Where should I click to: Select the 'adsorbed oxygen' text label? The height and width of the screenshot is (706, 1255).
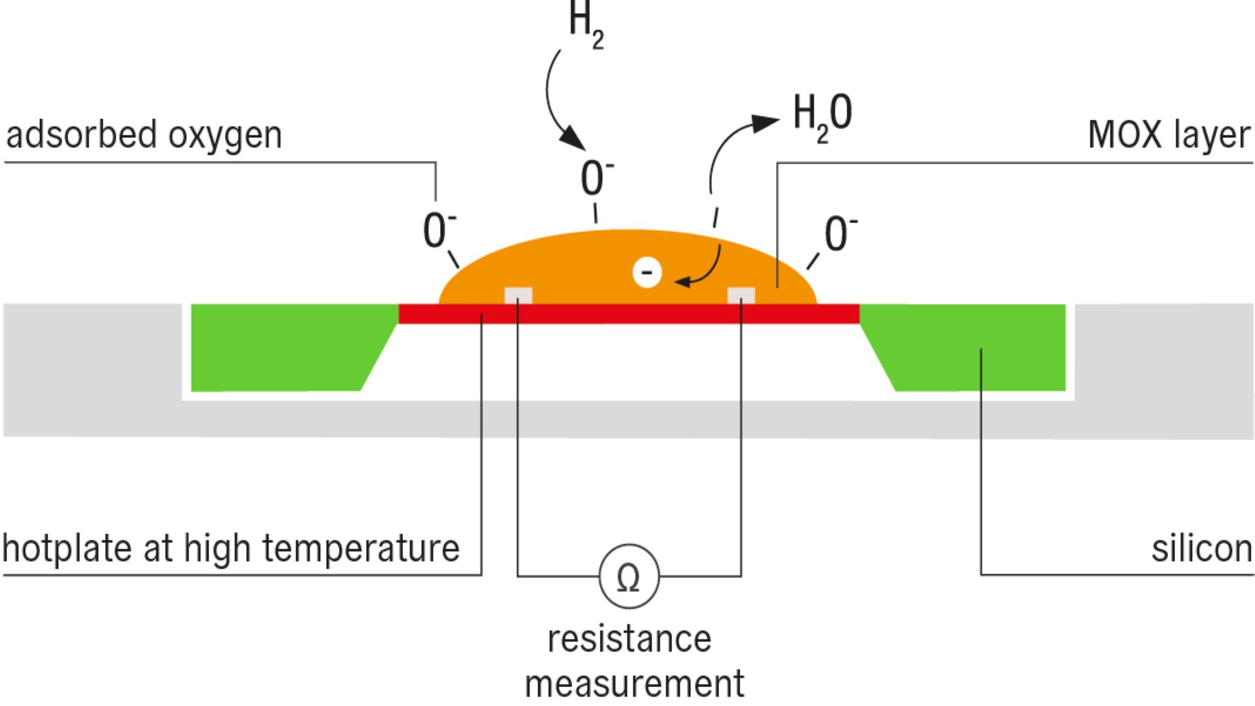pos(144,135)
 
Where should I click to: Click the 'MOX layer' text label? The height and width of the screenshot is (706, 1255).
pos(1169,135)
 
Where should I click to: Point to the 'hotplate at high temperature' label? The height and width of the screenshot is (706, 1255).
pos(231,548)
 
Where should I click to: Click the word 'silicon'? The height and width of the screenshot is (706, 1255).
pos(1201,548)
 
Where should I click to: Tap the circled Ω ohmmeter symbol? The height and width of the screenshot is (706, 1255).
pos(629,577)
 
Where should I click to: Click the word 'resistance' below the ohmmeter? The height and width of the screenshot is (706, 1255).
pos(629,639)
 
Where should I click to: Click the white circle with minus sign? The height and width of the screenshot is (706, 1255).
pos(647,272)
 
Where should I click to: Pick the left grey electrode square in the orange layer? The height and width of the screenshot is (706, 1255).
pos(518,295)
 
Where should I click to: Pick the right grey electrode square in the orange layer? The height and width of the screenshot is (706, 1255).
pos(741,295)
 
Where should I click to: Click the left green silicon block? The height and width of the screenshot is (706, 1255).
pos(281,346)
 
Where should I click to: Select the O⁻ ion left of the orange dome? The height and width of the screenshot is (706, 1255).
pos(439,230)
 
